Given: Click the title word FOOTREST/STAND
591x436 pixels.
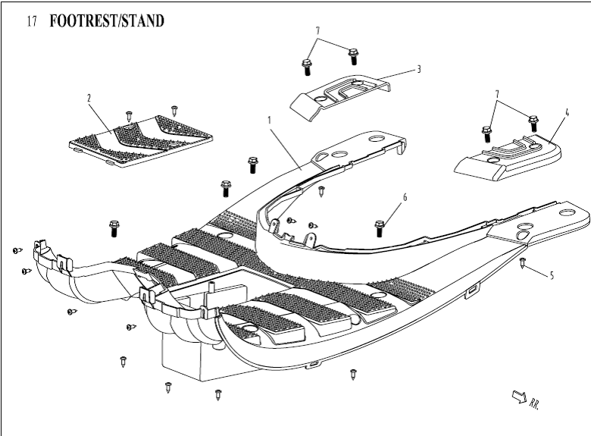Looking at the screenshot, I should pyautogui.click(x=106, y=21).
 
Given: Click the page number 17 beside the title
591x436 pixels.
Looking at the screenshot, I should pyautogui.click(x=32, y=22).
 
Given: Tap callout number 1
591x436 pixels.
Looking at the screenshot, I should pyautogui.click(x=269, y=120).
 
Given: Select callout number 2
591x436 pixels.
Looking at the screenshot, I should pyautogui.click(x=89, y=98).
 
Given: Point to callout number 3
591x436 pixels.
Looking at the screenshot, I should pyautogui.click(x=418, y=68).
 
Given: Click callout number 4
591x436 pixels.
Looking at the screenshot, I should pyautogui.click(x=566, y=112).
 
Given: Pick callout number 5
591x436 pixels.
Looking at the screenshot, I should pyautogui.click(x=552, y=275).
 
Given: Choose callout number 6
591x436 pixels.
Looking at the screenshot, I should pyautogui.click(x=405, y=197).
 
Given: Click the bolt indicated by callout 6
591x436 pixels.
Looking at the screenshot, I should pyautogui.click(x=380, y=226).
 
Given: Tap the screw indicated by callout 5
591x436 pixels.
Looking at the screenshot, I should pyautogui.click(x=523, y=262).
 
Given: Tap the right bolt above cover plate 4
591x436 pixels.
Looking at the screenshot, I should pyautogui.click(x=533, y=121).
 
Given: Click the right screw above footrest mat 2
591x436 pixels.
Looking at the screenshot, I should pyautogui.click(x=174, y=110).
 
